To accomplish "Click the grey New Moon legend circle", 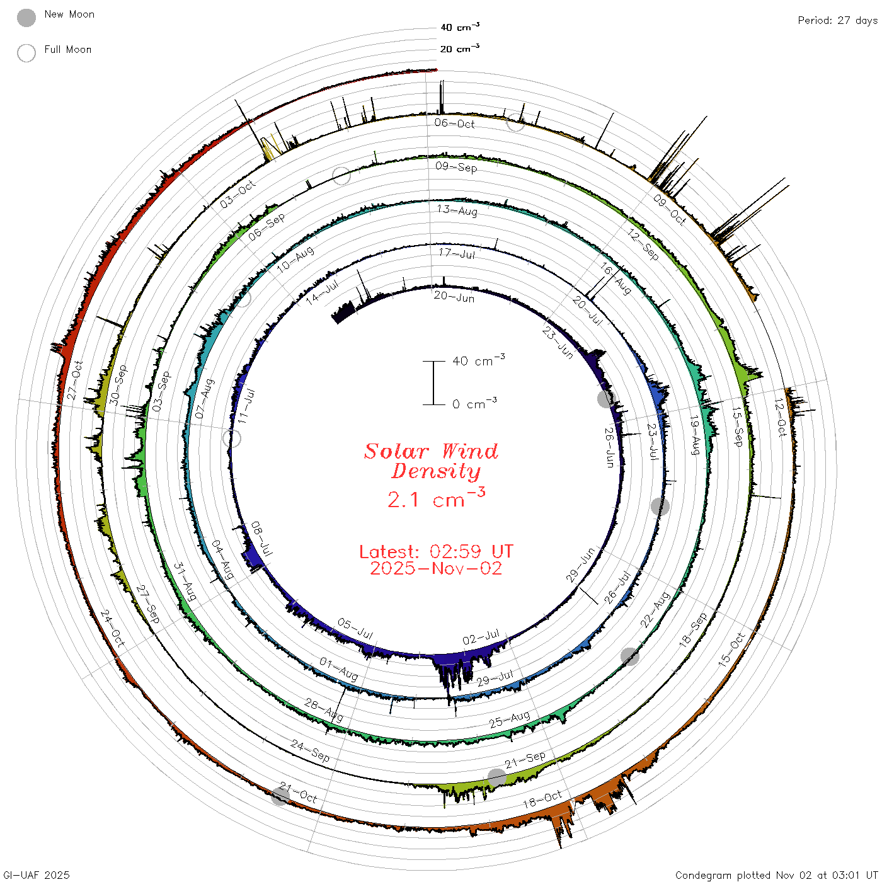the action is (x=26, y=18).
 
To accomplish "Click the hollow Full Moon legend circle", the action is (x=26, y=53).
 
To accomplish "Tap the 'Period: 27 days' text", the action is (x=837, y=21).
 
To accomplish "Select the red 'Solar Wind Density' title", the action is (x=431, y=461).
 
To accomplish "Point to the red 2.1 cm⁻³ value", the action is (x=436, y=498).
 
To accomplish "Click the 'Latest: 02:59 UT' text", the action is (x=436, y=551).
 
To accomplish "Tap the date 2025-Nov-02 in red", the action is (x=436, y=568).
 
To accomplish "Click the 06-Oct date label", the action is (x=454, y=123).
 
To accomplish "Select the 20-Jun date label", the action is (x=454, y=297).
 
